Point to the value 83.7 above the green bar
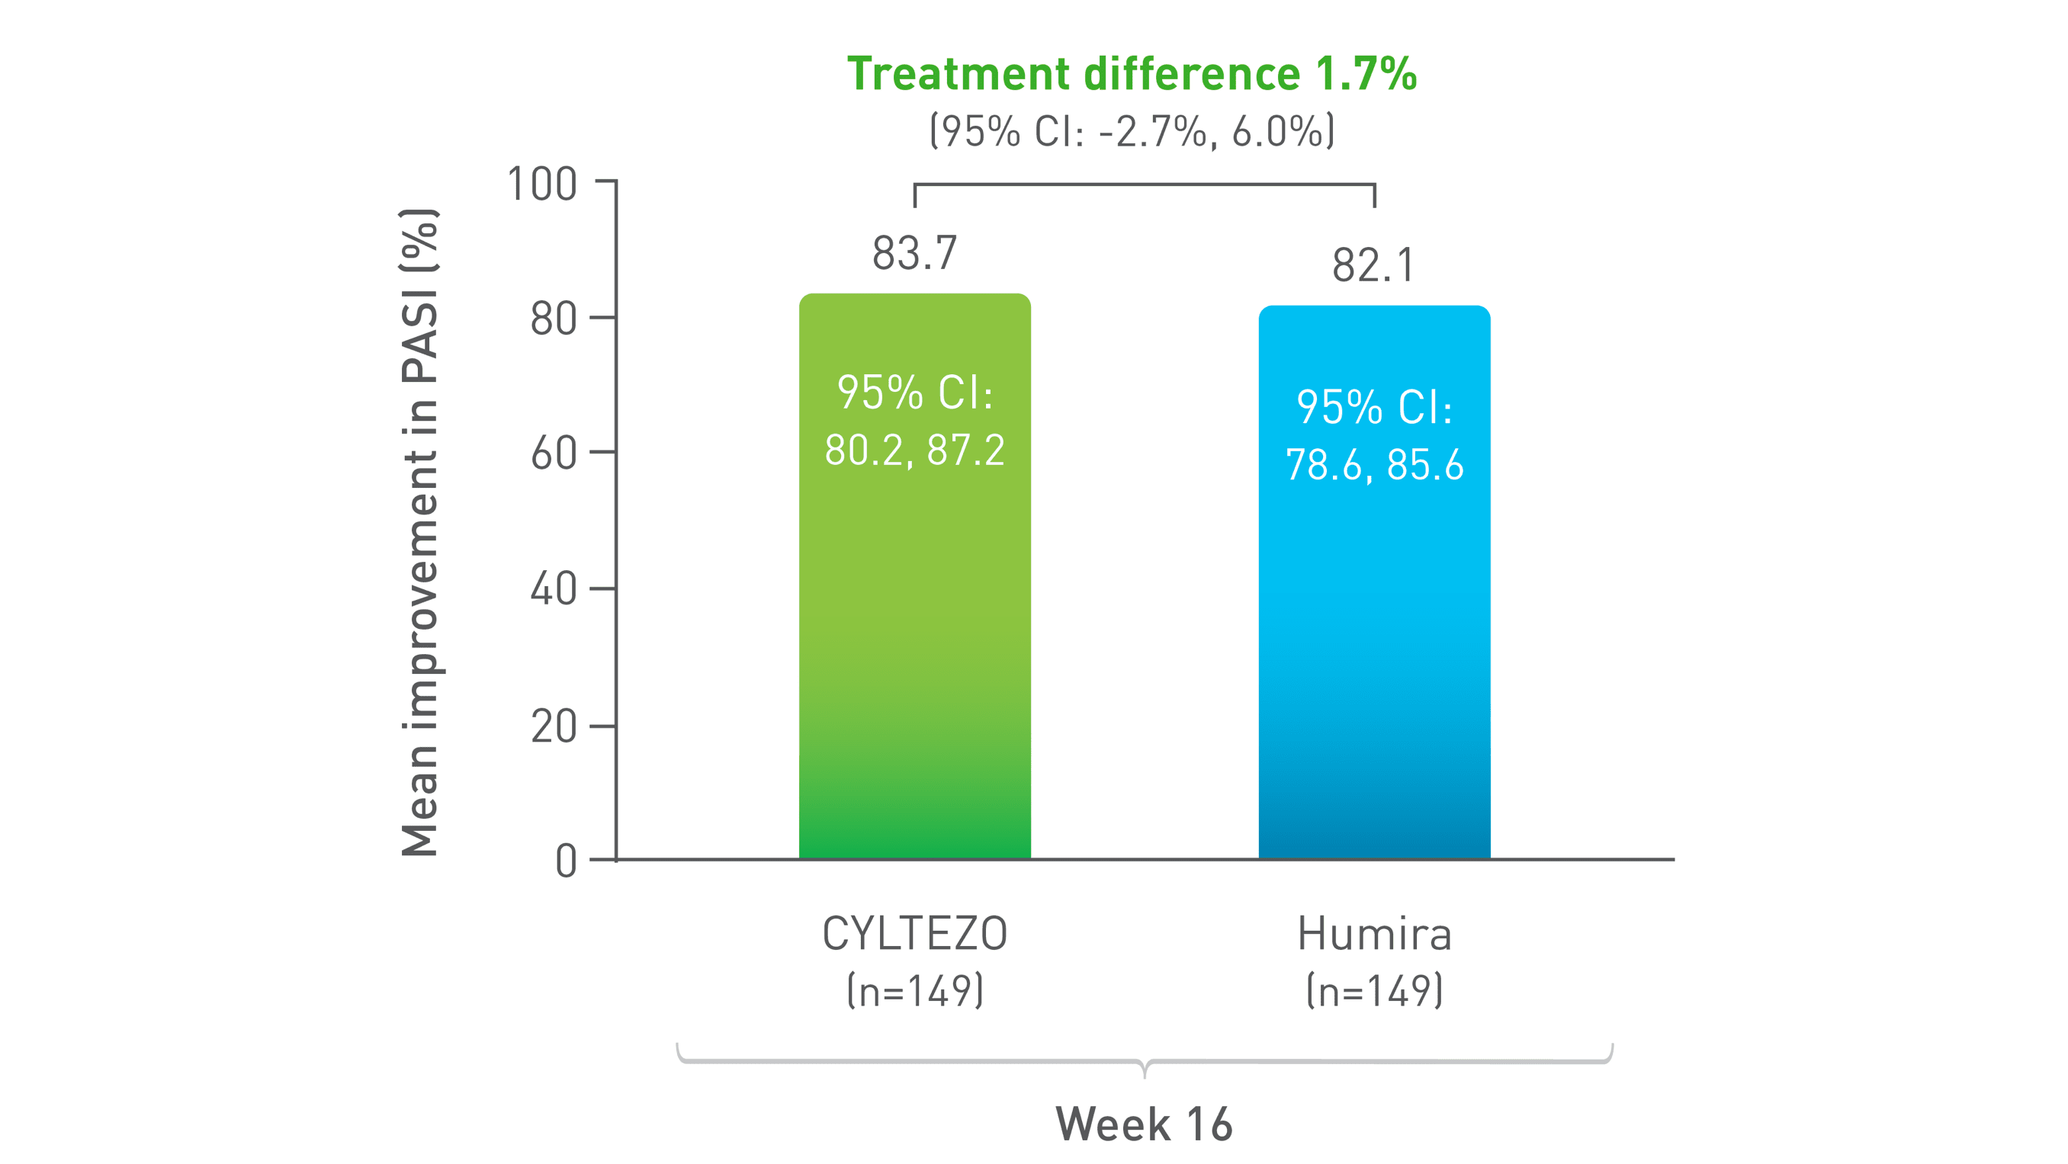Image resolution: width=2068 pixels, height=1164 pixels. click(914, 254)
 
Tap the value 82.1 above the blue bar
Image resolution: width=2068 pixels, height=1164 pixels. click(1373, 266)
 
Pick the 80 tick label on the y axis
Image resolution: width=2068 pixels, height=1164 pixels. click(553, 319)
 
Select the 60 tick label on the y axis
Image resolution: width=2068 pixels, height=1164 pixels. click(553, 454)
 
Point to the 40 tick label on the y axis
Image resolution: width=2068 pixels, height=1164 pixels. click(553, 589)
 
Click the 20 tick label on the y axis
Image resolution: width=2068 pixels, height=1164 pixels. click(553, 727)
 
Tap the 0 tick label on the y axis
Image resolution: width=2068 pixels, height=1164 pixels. click(566, 862)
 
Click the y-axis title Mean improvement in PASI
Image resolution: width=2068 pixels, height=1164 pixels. click(420, 533)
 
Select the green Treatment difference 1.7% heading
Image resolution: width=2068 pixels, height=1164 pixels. click(1131, 74)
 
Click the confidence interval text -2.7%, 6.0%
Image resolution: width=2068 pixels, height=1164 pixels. click(1131, 131)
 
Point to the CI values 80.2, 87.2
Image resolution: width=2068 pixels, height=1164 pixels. click(914, 450)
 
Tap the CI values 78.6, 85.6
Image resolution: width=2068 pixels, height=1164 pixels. click(1373, 465)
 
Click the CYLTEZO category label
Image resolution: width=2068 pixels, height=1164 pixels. click(914, 934)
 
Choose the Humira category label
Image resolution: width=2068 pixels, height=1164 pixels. click(1373, 934)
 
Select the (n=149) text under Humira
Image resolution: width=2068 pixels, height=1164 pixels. click(1373, 991)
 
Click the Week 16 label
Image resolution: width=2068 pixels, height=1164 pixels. click(1143, 1124)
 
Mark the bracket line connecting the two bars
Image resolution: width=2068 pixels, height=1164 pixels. click(1144, 184)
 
